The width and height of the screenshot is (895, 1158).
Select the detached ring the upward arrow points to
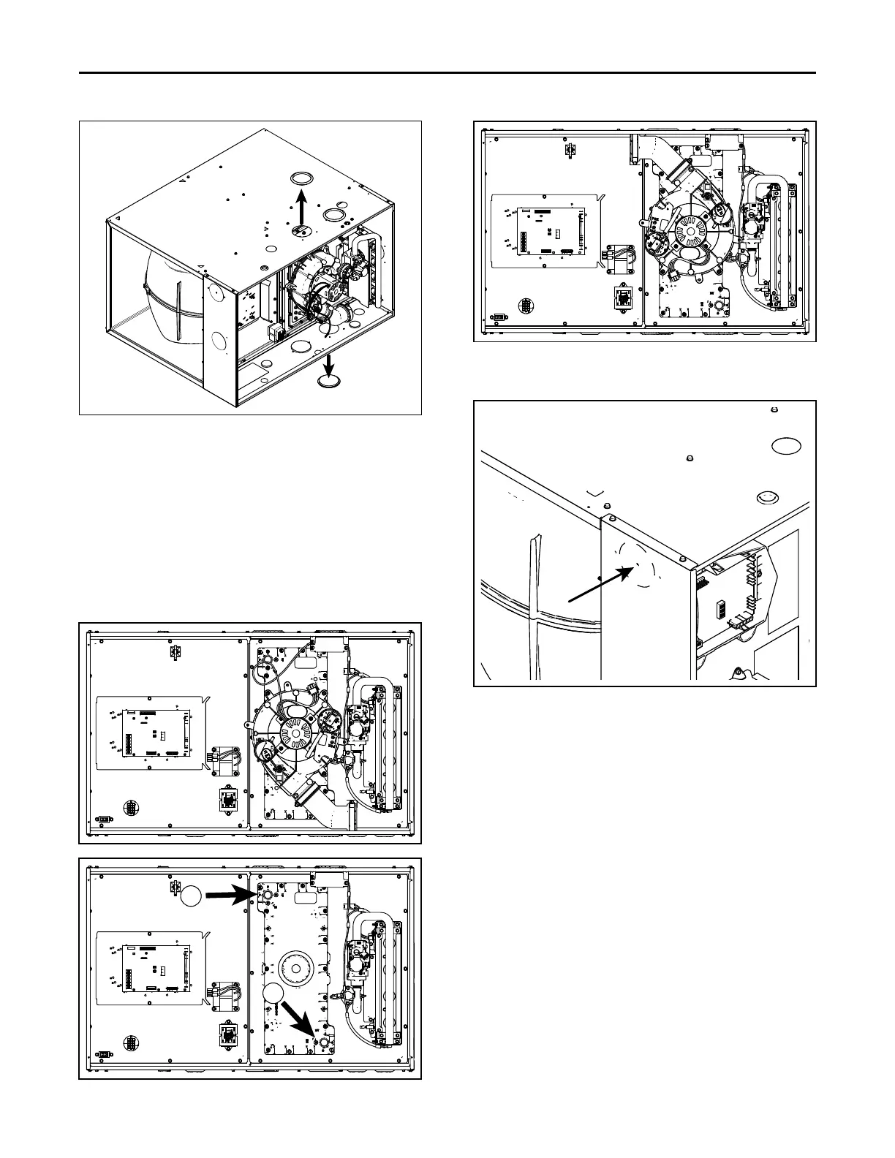tap(300, 178)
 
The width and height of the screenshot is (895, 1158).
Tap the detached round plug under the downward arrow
tap(329, 382)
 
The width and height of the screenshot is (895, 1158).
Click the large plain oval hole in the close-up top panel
tap(786, 447)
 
